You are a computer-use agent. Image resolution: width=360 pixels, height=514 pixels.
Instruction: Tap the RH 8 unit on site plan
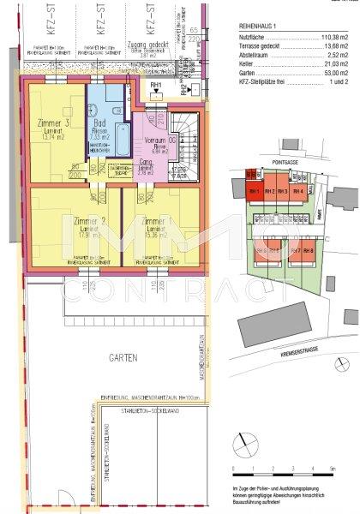pyautogui.click(x=309, y=251)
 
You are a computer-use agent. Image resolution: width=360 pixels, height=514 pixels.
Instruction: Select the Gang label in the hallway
pyautogui.click(x=147, y=169)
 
